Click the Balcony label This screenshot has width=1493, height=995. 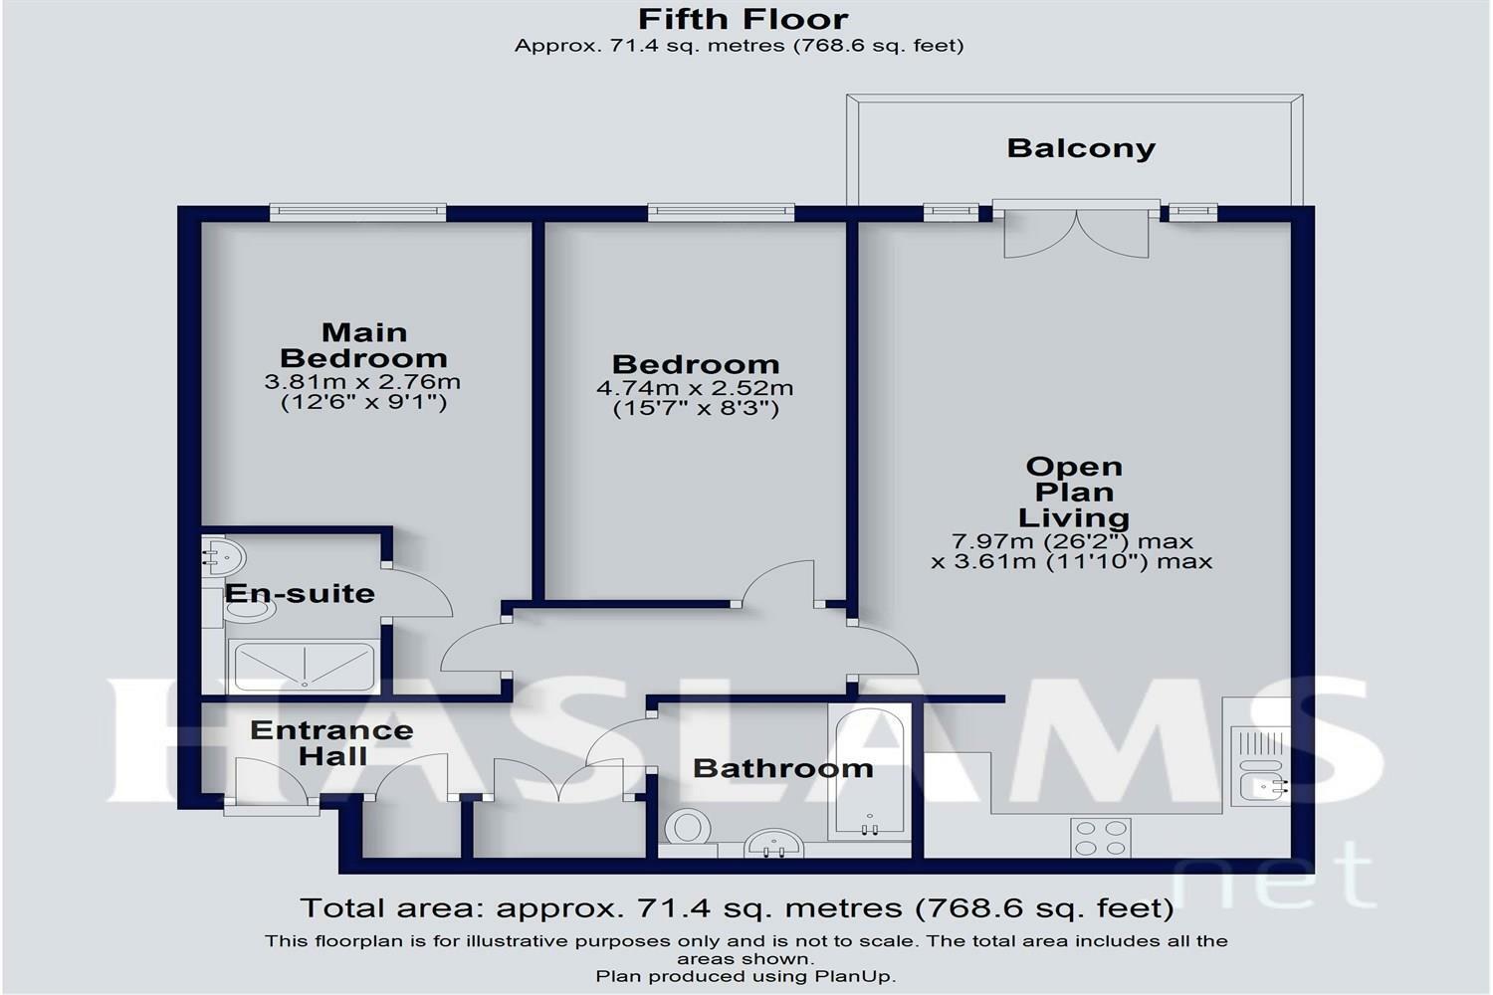tap(1080, 148)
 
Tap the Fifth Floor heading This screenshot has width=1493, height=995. tap(744, 19)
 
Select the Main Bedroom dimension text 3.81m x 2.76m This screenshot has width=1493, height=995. tap(362, 382)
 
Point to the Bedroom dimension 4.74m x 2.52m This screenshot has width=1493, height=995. tap(695, 388)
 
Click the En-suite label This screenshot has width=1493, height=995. tap(300, 593)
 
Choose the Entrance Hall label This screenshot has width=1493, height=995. tap(331, 743)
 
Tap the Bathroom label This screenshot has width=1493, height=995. tap(783, 768)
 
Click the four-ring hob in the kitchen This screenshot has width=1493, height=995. tap(1101, 838)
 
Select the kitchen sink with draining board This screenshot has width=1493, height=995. tap(1260, 766)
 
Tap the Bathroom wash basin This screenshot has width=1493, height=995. tap(773, 843)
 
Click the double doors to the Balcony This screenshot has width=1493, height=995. tap(1076, 230)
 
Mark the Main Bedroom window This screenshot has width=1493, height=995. tap(358, 213)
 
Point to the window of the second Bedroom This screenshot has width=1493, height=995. tap(722, 213)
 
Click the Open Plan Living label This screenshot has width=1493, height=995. tap(1074, 492)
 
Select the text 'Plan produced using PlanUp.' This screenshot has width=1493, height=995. tap(746, 976)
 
